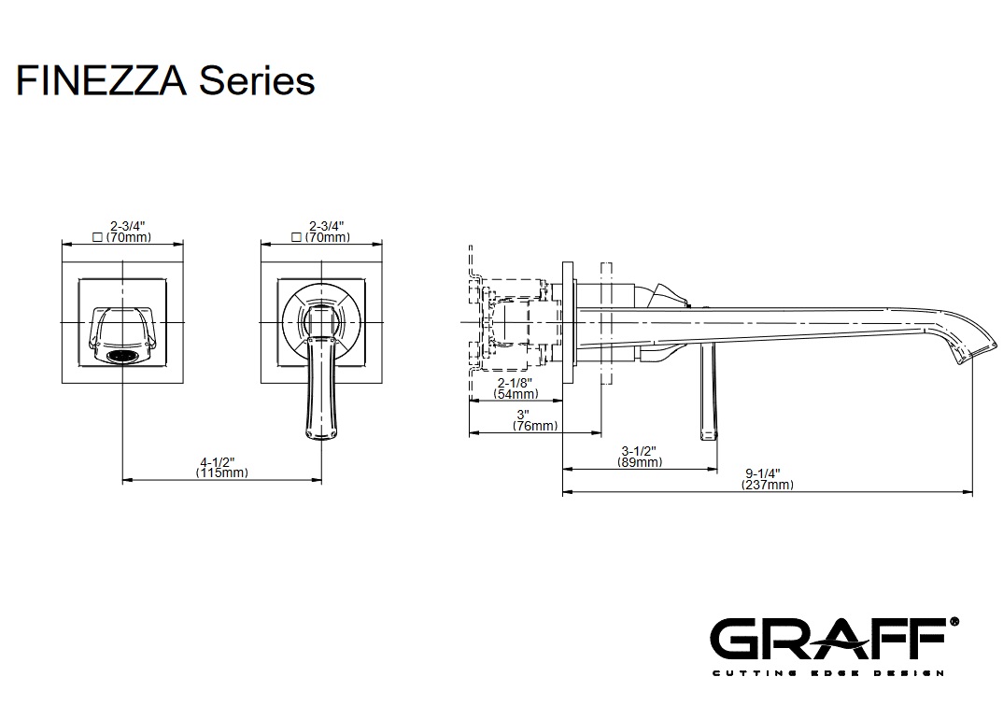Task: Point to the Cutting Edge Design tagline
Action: [827, 672]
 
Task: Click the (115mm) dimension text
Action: [222, 473]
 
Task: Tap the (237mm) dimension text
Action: [767, 485]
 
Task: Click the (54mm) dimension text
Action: [516, 395]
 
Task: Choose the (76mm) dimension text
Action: [534, 426]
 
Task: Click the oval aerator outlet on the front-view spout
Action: [124, 356]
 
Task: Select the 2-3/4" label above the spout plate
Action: [126, 226]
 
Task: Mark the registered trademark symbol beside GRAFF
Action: [954, 620]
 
